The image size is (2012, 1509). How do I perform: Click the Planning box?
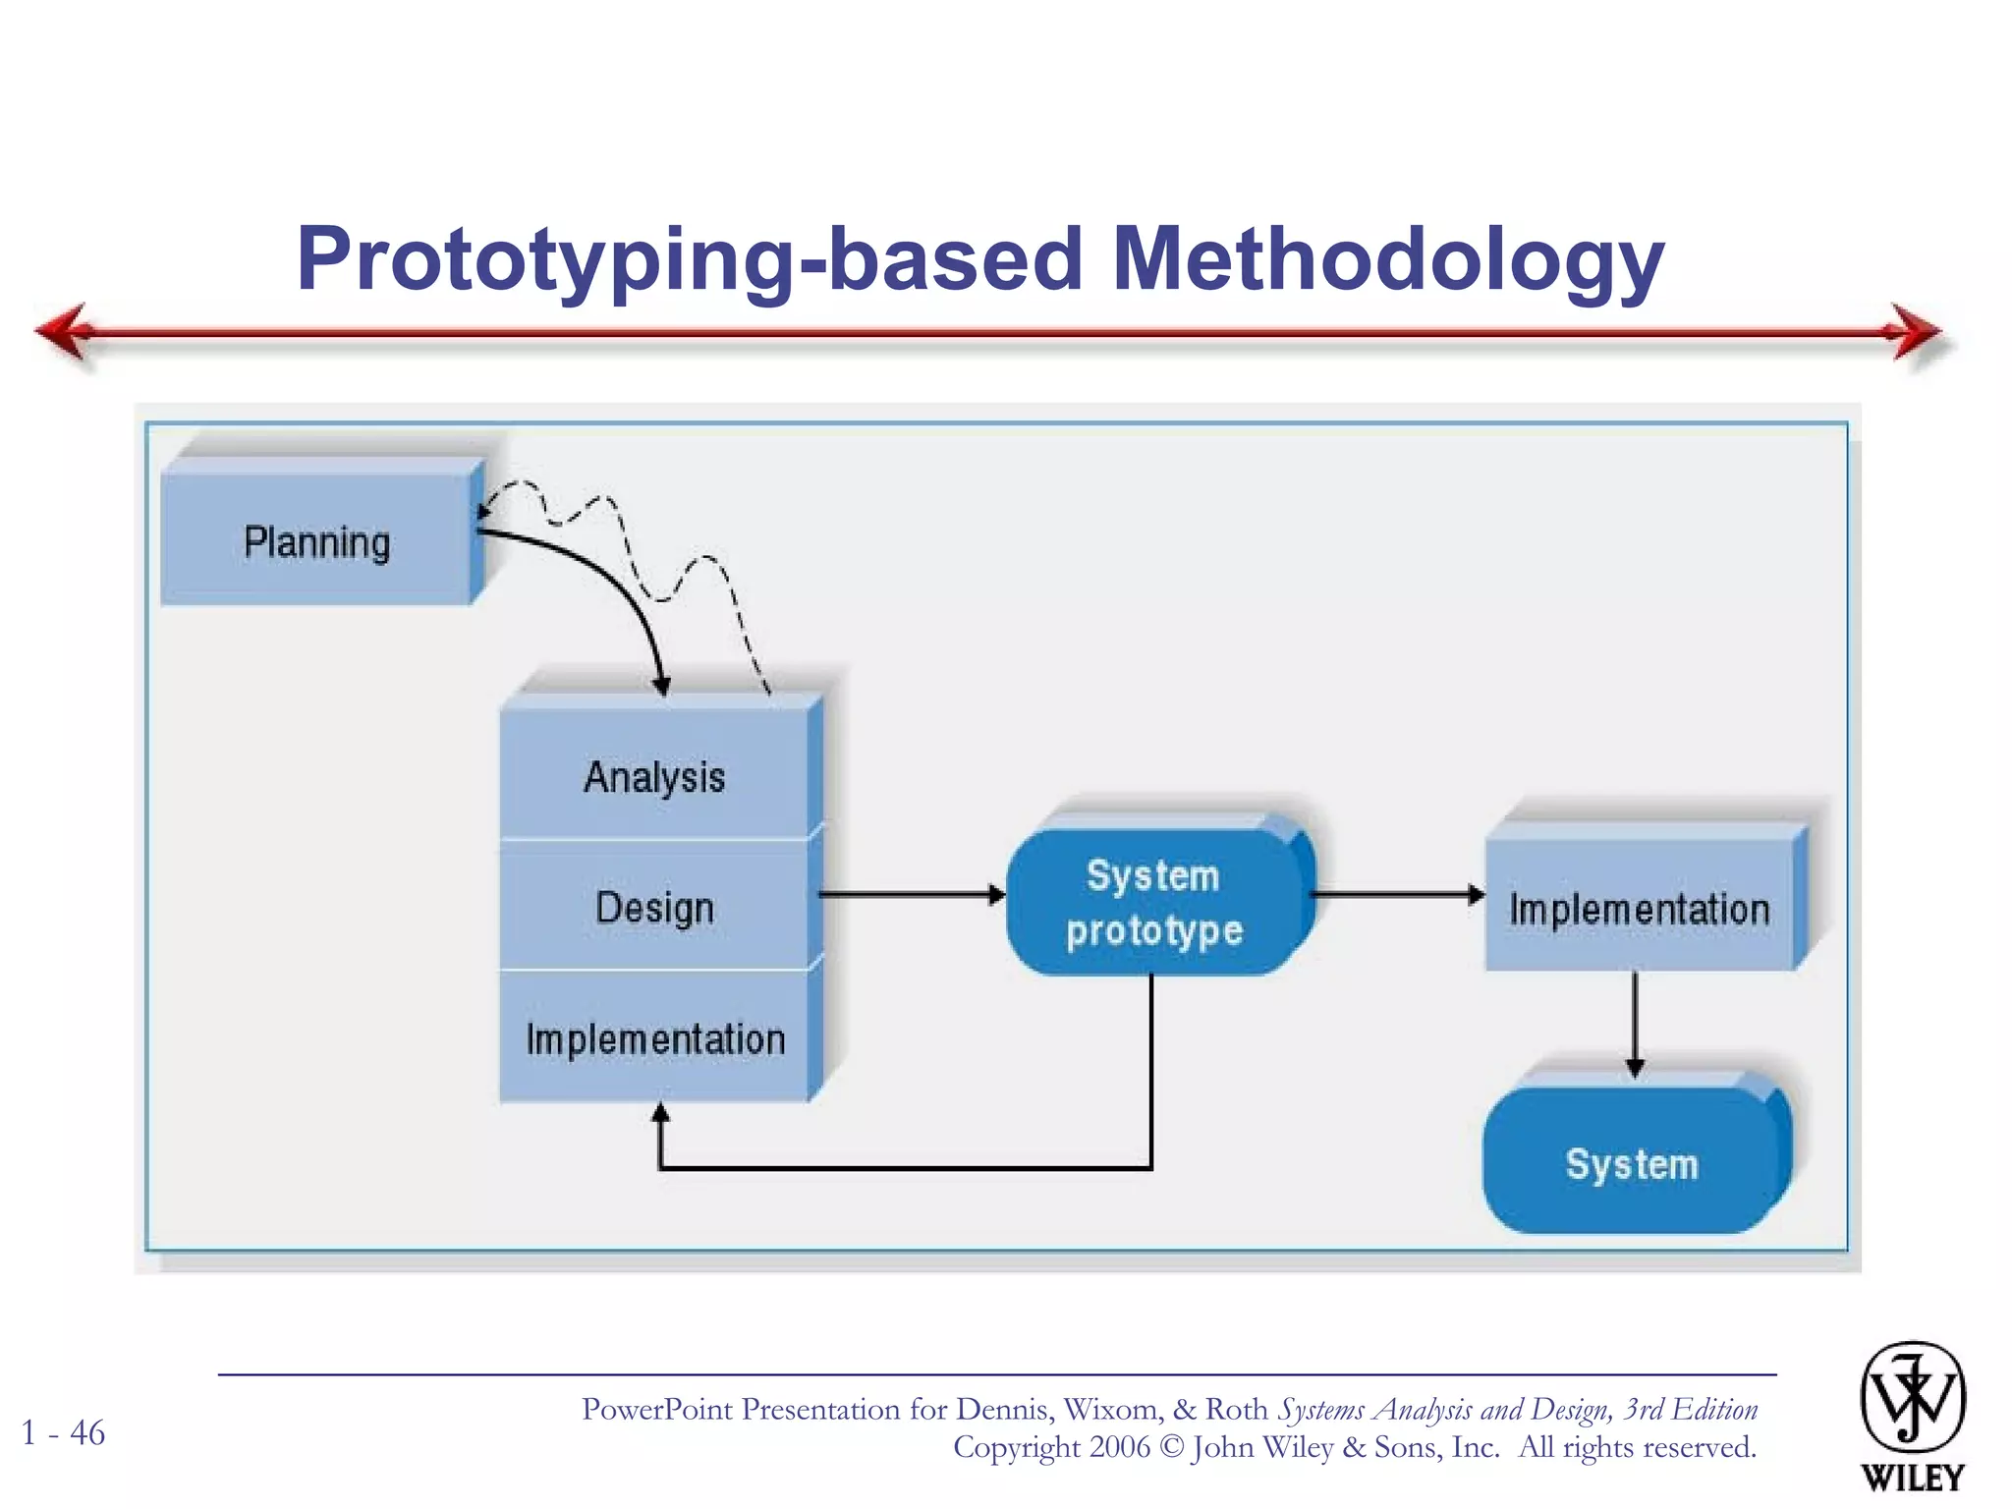[x=316, y=541]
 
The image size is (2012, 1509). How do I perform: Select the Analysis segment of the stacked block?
[x=654, y=776]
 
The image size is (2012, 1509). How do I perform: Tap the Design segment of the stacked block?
[x=654, y=907]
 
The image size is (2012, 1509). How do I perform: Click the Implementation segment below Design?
[x=654, y=1038]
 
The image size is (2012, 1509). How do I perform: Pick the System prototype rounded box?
[x=1154, y=902]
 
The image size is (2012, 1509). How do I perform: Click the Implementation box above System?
[x=1639, y=908]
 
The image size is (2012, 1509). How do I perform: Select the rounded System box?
[x=1632, y=1163]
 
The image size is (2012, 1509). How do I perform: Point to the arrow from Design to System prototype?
[x=909, y=894]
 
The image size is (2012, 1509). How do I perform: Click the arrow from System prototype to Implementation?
[x=1395, y=894]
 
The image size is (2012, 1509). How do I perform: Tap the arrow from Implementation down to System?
[x=1635, y=1022]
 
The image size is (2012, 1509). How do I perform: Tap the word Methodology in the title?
[x=1387, y=259]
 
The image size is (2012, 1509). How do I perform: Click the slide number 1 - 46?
[x=64, y=1432]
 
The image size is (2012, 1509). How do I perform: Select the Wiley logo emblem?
[x=1912, y=1399]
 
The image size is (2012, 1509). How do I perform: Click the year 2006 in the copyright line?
[x=1119, y=1447]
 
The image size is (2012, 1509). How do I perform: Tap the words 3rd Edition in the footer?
[x=1690, y=1410]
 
